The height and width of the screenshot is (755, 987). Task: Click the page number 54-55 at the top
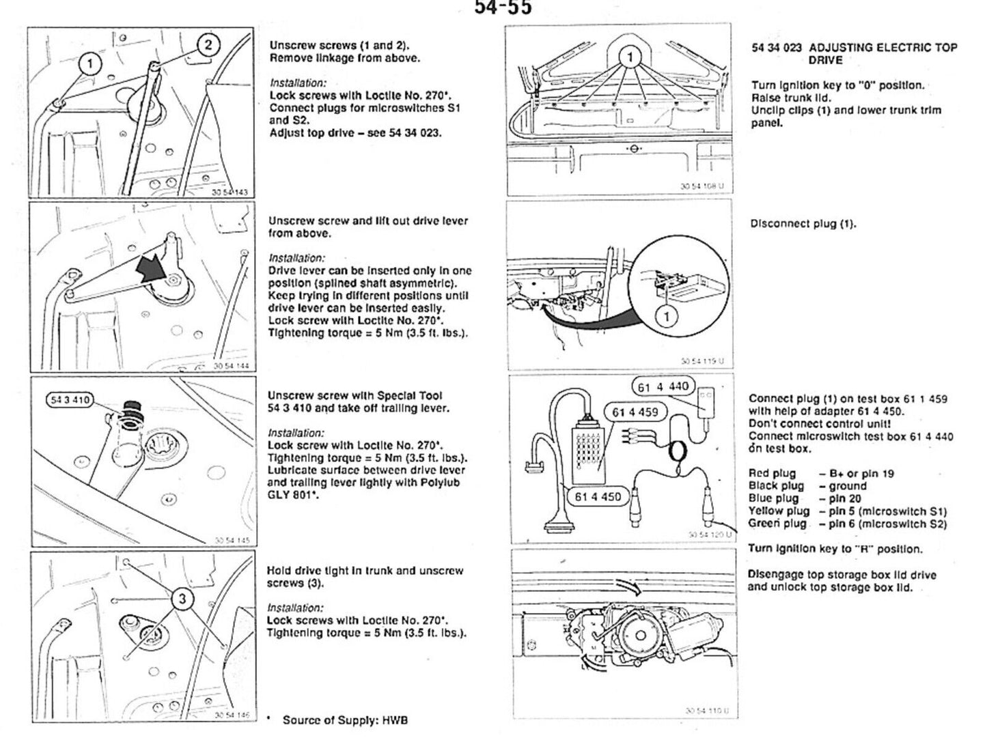[x=503, y=8]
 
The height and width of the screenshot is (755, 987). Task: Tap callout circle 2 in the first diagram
[x=208, y=45]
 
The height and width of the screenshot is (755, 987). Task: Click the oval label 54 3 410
[x=71, y=400]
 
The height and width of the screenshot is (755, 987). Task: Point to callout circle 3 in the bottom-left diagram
[x=181, y=599]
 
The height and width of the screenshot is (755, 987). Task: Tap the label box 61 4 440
[x=663, y=386]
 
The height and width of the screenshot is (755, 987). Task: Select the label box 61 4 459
[x=635, y=412]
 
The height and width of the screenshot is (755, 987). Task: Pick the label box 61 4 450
[x=598, y=496]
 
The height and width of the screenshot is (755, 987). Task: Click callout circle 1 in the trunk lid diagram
[x=630, y=57]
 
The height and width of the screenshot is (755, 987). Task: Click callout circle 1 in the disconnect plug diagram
[x=667, y=315]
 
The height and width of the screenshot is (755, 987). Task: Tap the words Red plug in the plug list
[x=773, y=473]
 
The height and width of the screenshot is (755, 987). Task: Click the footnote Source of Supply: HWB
[x=345, y=720]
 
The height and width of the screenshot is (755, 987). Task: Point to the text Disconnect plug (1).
[x=803, y=223]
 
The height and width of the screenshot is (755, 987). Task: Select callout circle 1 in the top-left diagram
[x=88, y=65]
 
